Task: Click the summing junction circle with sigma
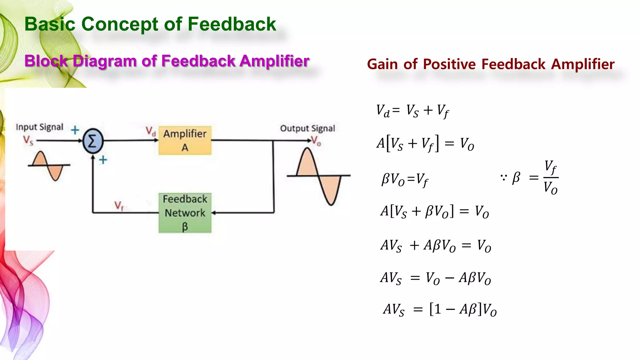93,141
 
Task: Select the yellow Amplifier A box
185,140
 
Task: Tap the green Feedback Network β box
185,213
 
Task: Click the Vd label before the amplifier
151,131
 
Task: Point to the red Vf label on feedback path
119,206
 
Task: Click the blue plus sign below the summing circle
103,160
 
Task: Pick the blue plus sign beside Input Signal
75,130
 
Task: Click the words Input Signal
39,127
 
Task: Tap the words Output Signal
307,128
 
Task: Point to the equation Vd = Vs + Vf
412,111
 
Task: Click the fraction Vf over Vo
551,177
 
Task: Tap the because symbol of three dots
503,178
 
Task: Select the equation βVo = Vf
405,180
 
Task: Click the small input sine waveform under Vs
48,166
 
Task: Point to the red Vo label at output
316,141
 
